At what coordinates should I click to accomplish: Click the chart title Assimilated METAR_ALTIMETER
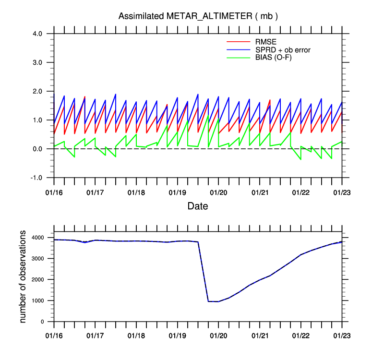[198, 16]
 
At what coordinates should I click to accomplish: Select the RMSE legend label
[265, 41]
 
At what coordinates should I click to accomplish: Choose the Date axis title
[198, 205]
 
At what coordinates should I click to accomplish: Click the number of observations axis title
[23, 276]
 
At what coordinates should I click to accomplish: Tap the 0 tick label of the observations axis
[43, 322]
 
